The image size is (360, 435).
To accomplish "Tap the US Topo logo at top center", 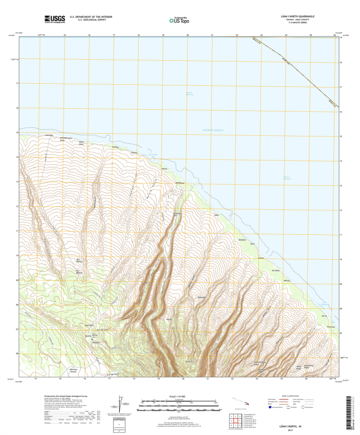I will pyautogui.click(x=179, y=21).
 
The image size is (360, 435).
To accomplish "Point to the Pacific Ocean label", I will pyautogui.click(x=213, y=130).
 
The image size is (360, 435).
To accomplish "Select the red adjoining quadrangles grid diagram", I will pyautogui.click(x=236, y=419).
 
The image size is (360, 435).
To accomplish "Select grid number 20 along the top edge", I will pyautogui.click(x=188, y=35).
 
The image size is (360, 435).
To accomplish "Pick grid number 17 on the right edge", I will pyautogui.click(x=340, y=87).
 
